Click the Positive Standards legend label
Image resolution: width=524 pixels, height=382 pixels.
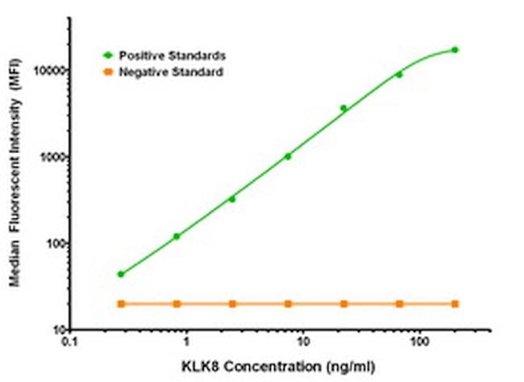coord(172,56)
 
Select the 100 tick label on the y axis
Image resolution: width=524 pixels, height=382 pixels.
coord(55,243)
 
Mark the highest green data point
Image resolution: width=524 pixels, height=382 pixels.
coord(455,50)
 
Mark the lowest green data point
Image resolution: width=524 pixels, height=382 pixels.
coord(121,274)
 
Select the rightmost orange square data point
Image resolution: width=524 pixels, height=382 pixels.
coord(455,304)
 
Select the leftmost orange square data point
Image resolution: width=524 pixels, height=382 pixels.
coord(121,304)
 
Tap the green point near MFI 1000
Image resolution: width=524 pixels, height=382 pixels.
coord(288,156)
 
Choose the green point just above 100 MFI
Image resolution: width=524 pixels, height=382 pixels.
coord(177,236)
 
